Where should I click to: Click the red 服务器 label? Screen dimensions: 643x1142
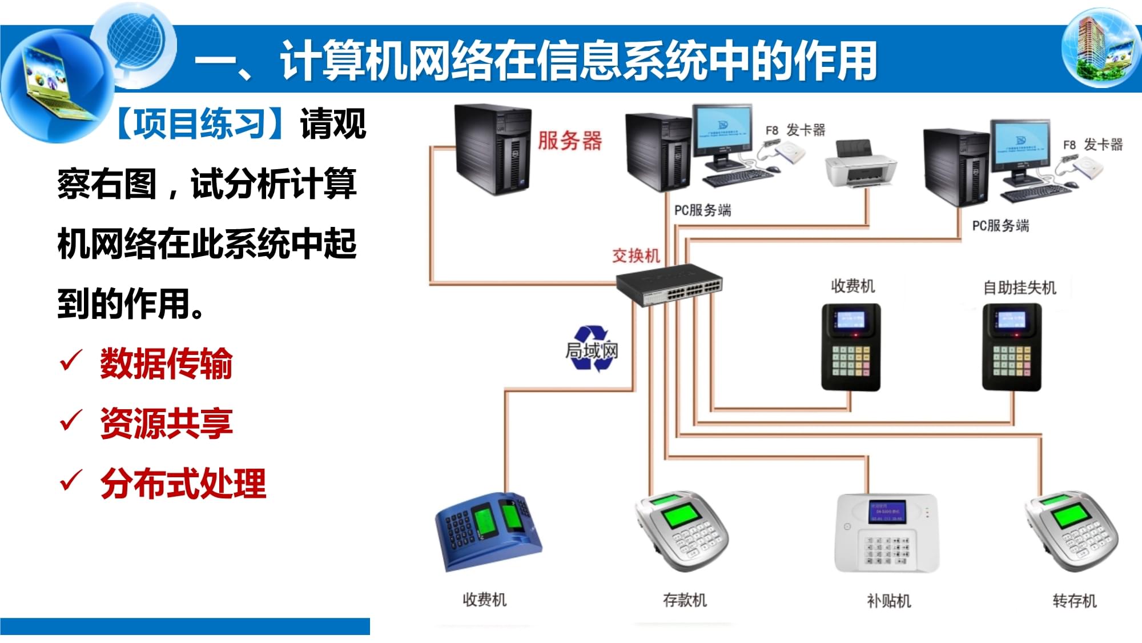[x=569, y=140]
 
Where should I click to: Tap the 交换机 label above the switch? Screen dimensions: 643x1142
[x=636, y=255]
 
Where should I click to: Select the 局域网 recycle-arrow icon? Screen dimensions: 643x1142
[x=592, y=349]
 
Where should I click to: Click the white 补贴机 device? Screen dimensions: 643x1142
[x=887, y=533]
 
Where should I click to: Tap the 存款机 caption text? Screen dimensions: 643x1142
[x=685, y=600]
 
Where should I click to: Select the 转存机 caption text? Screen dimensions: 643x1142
[x=1074, y=601]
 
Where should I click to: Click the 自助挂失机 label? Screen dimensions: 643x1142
[x=1019, y=287]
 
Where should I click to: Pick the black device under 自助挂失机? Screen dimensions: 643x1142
[x=1011, y=347]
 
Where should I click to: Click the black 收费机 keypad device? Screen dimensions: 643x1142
[x=851, y=347]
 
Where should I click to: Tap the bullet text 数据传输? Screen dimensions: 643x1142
[x=166, y=364]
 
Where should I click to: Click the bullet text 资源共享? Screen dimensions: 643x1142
[x=166, y=424]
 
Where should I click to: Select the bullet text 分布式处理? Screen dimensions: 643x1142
[x=183, y=484]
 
